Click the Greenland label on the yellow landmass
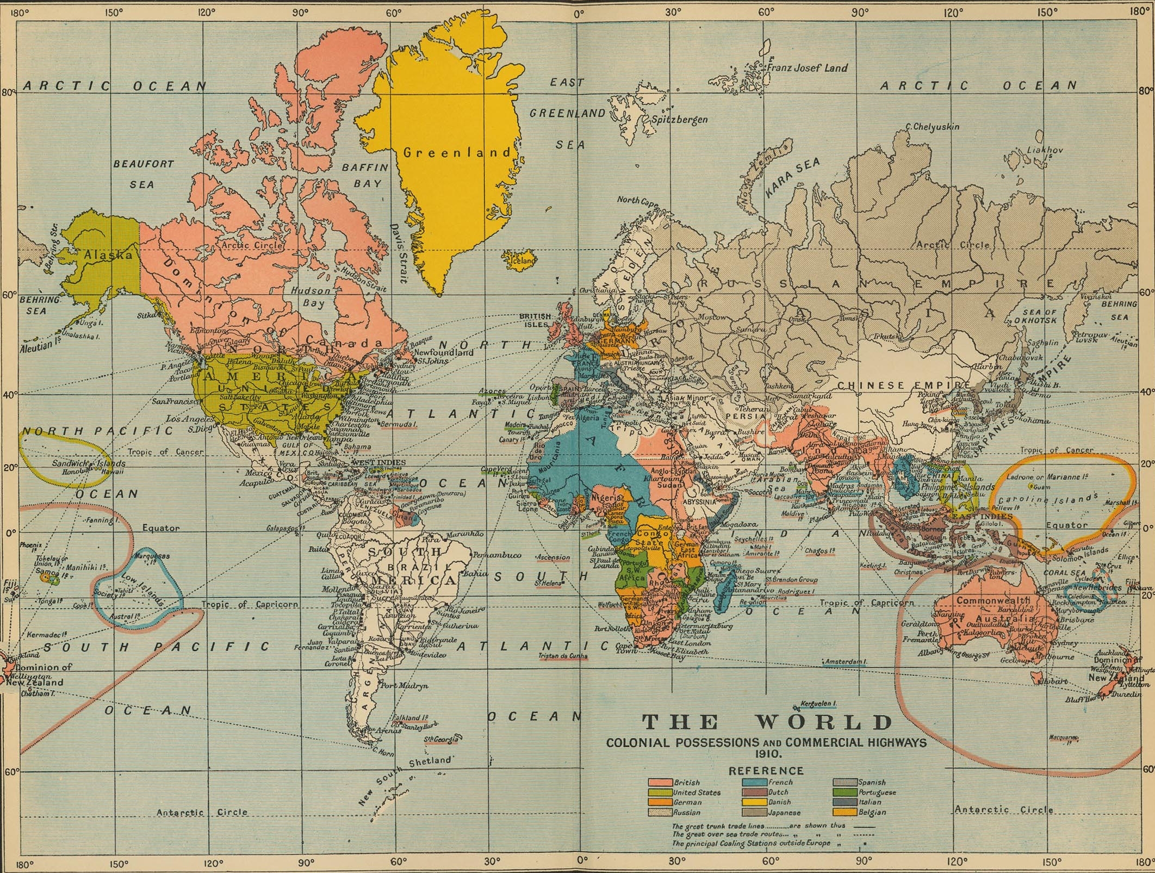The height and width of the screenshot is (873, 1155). [x=457, y=152]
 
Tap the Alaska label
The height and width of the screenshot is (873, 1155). [x=108, y=255]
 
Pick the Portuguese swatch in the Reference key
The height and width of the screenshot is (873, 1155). [x=845, y=792]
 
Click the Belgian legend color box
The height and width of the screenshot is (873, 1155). [x=845, y=812]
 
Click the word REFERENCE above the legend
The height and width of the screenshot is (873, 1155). [x=766, y=770]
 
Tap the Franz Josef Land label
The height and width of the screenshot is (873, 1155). [x=806, y=68]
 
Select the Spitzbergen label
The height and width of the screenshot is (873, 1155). [x=679, y=119]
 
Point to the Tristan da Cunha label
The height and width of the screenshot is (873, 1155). [x=563, y=655]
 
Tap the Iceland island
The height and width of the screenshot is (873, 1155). [x=519, y=259]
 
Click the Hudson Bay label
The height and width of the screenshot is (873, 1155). [x=311, y=296]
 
